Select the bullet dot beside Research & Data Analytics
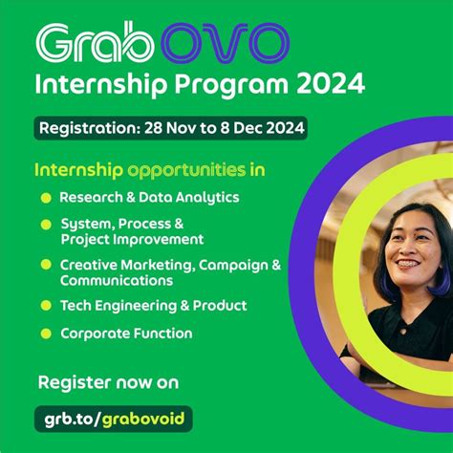point(45,199)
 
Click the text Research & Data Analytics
point(149,198)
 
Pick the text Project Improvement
point(132,239)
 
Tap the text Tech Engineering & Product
point(153,306)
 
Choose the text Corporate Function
point(126,334)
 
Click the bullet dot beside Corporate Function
point(45,334)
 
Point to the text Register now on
point(108,382)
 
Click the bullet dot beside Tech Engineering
point(45,306)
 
